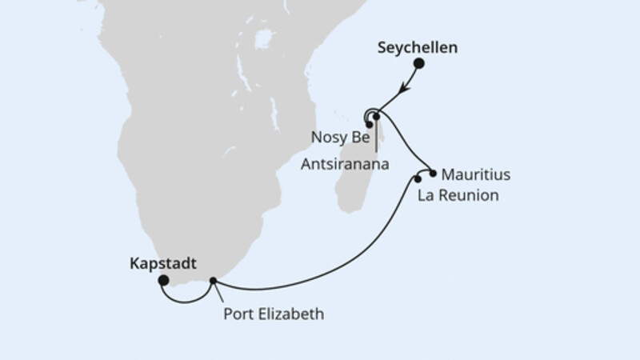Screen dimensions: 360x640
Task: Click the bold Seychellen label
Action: tap(417, 48)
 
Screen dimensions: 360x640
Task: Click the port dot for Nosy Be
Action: tap(369, 123)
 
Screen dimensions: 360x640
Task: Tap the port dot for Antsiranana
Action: tap(377, 117)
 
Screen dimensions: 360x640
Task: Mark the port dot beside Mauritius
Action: tap(433, 173)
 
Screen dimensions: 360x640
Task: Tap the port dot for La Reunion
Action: tap(418, 178)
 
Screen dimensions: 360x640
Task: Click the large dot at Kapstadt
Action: tap(163, 280)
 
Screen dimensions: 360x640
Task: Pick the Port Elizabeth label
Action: tap(274, 314)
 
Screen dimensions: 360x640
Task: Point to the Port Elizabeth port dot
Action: tap(213, 280)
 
